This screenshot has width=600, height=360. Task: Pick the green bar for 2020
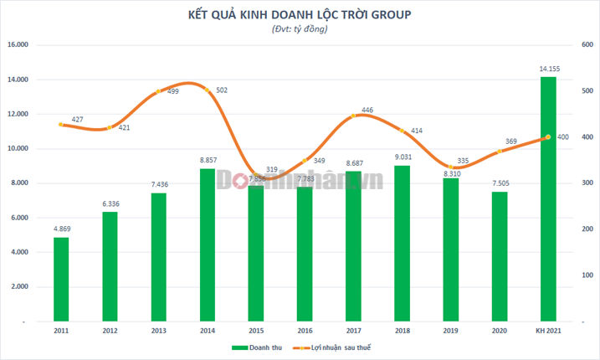(x=499, y=256)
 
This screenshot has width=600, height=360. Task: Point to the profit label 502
(x=222, y=90)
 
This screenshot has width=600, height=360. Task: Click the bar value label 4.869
(x=61, y=229)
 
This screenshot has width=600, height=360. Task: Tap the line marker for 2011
(x=61, y=125)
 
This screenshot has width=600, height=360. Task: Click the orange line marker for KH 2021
(x=547, y=137)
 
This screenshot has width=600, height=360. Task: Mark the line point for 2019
(x=450, y=167)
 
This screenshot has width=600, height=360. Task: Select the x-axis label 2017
(x=353, y=332)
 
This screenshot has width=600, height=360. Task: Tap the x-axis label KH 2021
(x=547, y=332)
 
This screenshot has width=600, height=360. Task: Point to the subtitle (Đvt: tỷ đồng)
(x=300, y=29)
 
